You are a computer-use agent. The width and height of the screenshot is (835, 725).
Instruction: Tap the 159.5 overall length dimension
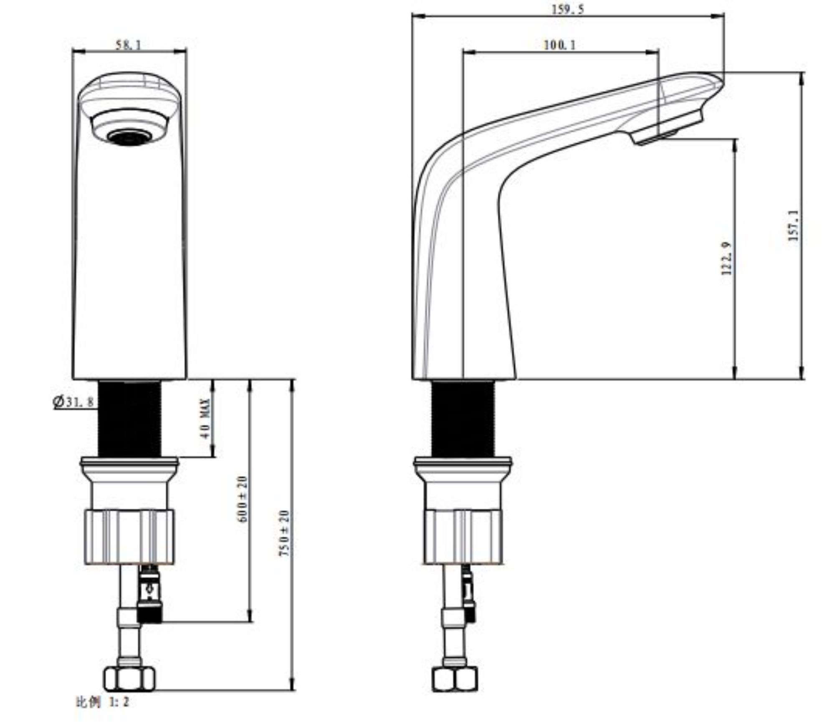568,9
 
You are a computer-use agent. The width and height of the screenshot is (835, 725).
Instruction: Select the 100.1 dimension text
559,45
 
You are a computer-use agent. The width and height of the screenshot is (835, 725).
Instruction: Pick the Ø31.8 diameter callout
73,402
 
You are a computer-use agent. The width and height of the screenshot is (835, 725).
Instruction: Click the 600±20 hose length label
243,499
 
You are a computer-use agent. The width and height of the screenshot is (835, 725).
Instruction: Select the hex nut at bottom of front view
129,679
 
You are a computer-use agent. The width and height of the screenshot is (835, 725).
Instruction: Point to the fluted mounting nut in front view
129,537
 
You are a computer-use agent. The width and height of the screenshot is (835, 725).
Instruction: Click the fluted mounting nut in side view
463,537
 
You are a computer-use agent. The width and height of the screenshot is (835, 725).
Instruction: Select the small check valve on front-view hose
150,593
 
